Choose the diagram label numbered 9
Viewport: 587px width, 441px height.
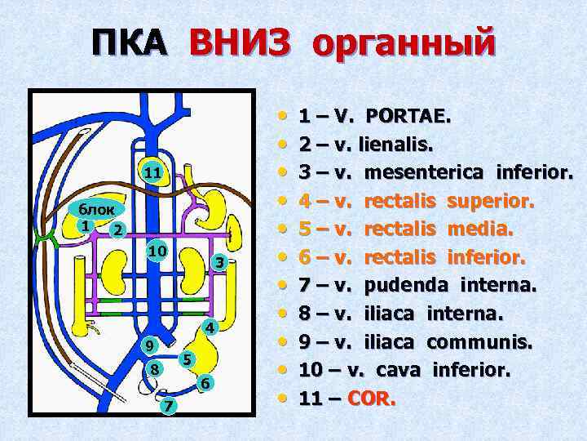[148, 345]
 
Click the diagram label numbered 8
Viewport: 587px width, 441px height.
[152, 370]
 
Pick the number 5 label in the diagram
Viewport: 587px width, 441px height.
[187, 359]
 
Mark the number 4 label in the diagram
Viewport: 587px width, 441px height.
[209, 328]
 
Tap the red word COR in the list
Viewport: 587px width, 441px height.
[374, 399]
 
